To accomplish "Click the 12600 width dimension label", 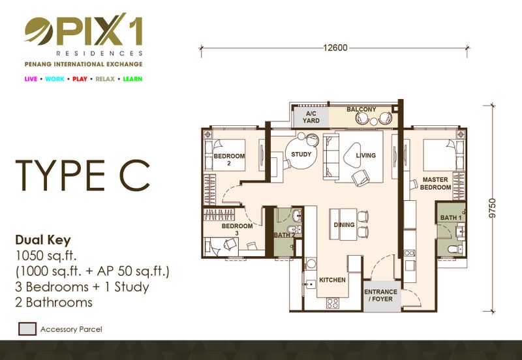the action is [335, 48].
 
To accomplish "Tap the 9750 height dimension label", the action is [493, 208].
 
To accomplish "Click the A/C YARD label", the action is [311, 117].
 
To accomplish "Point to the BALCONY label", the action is [361, 109].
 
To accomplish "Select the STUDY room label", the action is [301, 154].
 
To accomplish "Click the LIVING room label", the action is [365, 155].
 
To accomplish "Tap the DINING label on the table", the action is [344, 225].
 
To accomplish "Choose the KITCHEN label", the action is [332, 280].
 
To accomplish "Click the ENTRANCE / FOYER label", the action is [381, 295].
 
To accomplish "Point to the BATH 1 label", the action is [451, 218].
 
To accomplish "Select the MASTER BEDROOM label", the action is [435, 183].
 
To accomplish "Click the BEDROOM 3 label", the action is [237, 230].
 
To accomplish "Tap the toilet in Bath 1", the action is [455, 249].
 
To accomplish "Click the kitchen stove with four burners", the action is [333, 303].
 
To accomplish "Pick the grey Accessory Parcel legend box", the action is [27, 329].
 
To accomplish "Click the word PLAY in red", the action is [80, 79].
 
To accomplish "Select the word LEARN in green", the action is [132, 79].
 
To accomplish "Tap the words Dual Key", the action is [43, 240].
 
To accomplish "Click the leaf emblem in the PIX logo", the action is [39, 31].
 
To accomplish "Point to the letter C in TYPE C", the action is [134, 175].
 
